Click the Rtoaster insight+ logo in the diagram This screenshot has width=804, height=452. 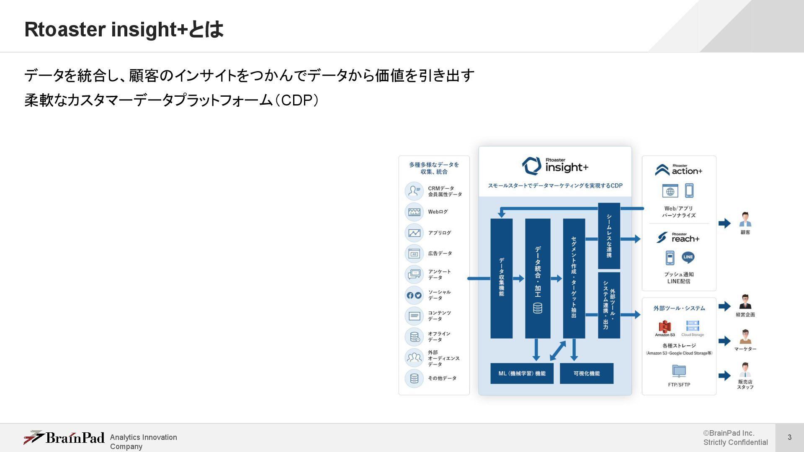[x=555, y=166]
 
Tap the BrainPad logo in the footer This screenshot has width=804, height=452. [x=64, y=438]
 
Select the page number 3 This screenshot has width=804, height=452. [x=789, y=437]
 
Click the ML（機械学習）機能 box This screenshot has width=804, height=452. [x=522, y=373]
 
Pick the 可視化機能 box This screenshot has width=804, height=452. [x=586, y=373]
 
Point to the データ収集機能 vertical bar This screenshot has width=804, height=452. [x=501, y=278]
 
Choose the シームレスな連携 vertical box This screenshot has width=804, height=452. [x=609, y=236]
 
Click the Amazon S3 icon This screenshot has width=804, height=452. [x=665, y=327]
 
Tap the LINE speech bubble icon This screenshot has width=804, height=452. [x=688, y=257]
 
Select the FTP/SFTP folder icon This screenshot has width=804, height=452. [x=679, y=371]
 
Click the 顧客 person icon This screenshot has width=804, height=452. [x=745, y=220]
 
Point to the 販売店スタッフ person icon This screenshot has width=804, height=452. [x=745, y=370]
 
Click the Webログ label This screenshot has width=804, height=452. [x=438, y=212]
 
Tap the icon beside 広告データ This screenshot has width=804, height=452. [x=414, y=254]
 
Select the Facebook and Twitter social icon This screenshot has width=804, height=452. [x=414, y=295]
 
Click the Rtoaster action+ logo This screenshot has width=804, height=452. [x=679, y=169]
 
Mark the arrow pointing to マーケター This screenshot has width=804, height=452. [x=724, y=341]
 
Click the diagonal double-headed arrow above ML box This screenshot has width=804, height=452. [x=558, y=351]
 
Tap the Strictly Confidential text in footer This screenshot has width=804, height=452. [x=735, y=442]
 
